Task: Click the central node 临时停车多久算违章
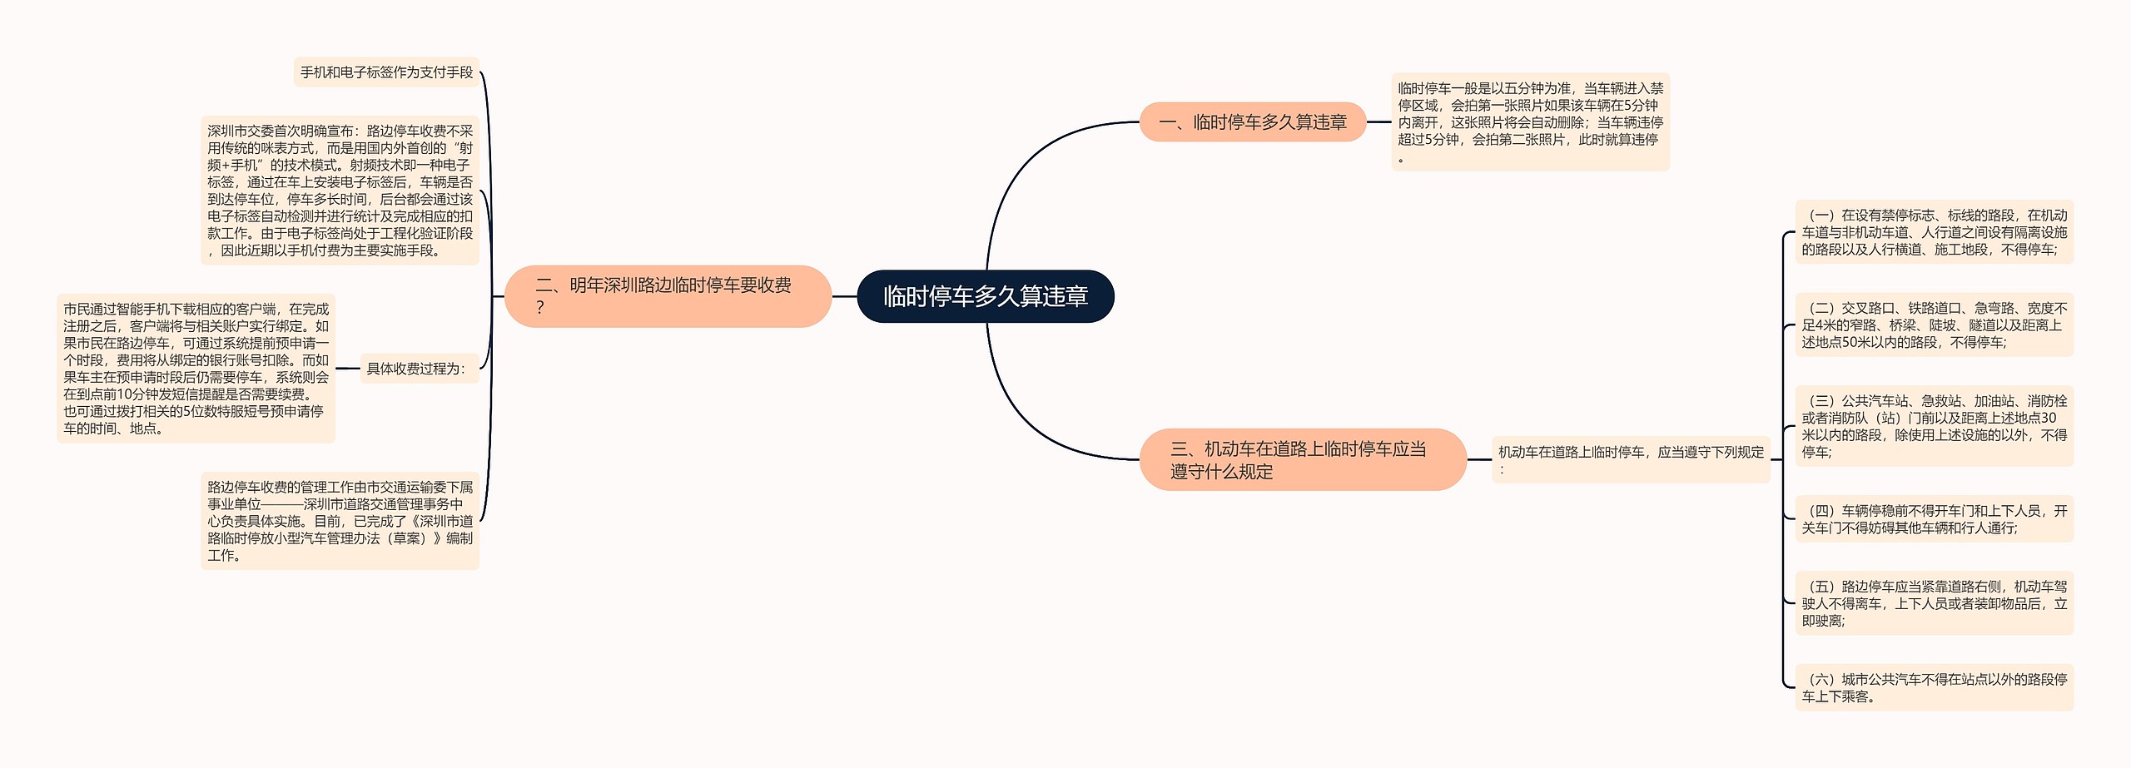click(985, 296)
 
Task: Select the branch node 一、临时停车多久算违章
click(1252, 122)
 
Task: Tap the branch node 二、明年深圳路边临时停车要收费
click(668, 295)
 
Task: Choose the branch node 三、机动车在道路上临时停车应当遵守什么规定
click(1302, 459)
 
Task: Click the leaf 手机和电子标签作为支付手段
click(386, 72)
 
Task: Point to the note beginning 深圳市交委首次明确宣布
click(340, 191)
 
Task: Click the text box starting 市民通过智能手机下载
click(196, 369)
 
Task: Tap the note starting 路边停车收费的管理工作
click(340, 521)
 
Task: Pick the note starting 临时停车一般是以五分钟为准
click(1530, 122)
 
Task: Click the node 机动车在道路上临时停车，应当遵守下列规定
click(1630, 459)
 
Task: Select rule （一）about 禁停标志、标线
click(1934, 232)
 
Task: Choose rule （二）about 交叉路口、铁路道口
click(1934, 325)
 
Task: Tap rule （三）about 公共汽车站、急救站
click(1934, 426)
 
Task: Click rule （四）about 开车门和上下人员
click(1934, 518)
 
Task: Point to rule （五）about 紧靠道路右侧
click(1934, 603)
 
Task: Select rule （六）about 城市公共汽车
click(1934, 687)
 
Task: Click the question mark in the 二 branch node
click(540, 308)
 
